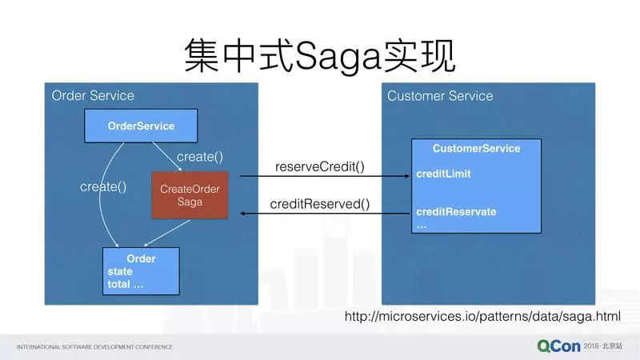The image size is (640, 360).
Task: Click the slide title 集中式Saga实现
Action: click(319, 57)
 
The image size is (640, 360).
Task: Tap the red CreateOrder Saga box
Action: click(190, 195)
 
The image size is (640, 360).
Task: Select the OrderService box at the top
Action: click(141, 126)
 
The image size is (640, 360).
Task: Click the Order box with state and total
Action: click(141, 271)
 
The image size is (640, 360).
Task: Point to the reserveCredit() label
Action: click(319, 166)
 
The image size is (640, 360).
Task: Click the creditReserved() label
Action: click(319, 204)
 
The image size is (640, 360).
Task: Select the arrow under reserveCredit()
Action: click(325, 176)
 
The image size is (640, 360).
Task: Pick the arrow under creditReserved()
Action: click(325, 213)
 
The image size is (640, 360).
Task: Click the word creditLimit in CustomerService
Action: click(444, 174)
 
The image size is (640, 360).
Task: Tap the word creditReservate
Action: click(456, 212)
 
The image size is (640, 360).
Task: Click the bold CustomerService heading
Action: click(476, 148)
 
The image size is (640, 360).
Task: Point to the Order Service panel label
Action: click(93, 95)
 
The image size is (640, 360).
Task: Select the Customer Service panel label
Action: click(440, 96)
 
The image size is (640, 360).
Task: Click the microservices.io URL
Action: click(482, 316)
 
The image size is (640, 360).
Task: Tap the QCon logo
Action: click(558, 346)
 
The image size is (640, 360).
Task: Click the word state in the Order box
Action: click(120, 271)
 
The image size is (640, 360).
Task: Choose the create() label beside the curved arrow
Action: click(103, 187)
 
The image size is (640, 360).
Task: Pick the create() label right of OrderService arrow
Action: click(200, 157)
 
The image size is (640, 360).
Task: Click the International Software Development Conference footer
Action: click(94, 347)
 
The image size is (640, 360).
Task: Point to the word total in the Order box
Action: click(118, 284)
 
